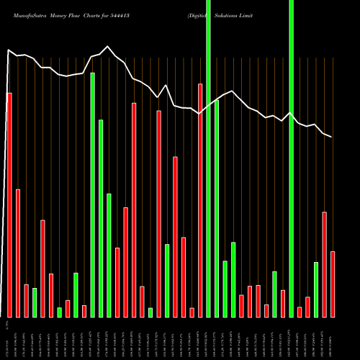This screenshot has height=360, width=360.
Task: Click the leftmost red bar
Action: [9, 205]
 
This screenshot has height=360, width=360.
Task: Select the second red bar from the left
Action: [18, 253]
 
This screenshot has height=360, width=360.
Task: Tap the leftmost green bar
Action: [35, 302]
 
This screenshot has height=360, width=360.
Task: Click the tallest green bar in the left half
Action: [93, 194]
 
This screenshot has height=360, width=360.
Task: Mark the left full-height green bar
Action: [209, 158]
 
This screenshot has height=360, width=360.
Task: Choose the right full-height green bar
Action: [292, 158]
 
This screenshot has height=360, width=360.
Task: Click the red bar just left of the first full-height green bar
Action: [200, 200]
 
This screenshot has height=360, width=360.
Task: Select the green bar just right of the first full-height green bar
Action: [217, 209]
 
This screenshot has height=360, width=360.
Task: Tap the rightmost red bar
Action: [333, 284]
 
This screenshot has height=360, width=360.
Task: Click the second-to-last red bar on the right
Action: [325, 264]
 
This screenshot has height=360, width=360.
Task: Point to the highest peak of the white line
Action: [108, 47]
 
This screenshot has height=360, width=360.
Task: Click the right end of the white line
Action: [332, 137]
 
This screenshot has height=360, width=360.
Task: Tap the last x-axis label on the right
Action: [333, 338]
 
